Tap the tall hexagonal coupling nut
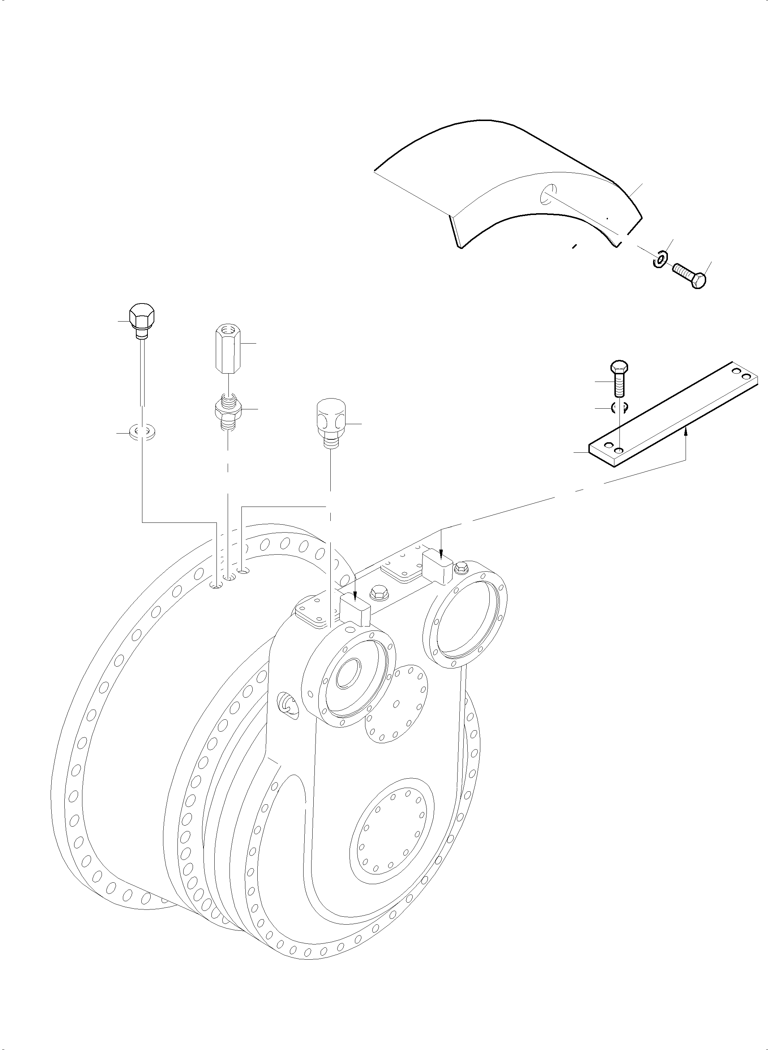(x=227, y=349)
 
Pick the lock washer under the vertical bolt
(x=619, y=408)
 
